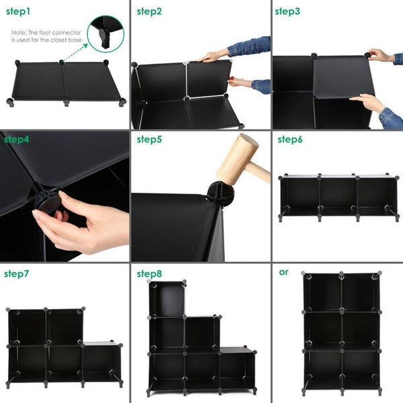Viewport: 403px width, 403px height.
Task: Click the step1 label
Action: (x=19, y=11)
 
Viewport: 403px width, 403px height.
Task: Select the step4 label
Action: (x=17, y=140)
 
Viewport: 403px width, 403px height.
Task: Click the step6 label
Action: (x=290, y=140)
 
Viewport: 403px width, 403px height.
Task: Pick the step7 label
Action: (x=17, y=273)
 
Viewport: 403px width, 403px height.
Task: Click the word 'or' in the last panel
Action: (x=283, y=272)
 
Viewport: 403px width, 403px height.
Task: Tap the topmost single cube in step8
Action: (x=168, y=299)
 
